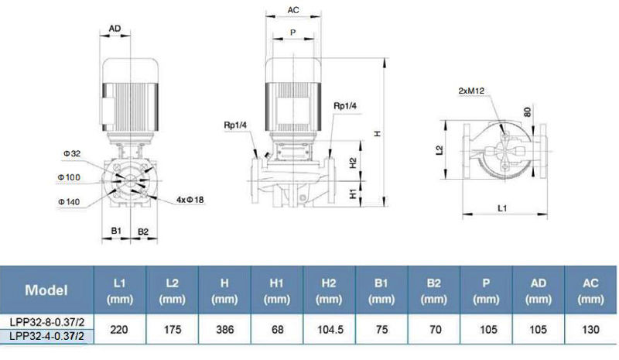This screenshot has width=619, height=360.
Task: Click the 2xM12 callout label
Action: click(471, 91)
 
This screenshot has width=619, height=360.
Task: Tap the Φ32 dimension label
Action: click(72, 153)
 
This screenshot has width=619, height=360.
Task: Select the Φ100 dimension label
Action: click(69, 177)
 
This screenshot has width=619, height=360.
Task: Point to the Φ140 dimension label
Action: click(69, 202)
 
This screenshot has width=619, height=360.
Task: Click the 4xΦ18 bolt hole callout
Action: click(190, 200)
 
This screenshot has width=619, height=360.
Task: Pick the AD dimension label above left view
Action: click(115, 29)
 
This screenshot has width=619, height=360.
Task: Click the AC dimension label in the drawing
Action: click(293, 10)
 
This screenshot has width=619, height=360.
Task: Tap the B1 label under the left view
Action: click(116, 231)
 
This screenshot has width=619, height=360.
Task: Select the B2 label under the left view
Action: click(143, 231)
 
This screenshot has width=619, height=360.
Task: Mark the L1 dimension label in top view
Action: click(501, 207)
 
